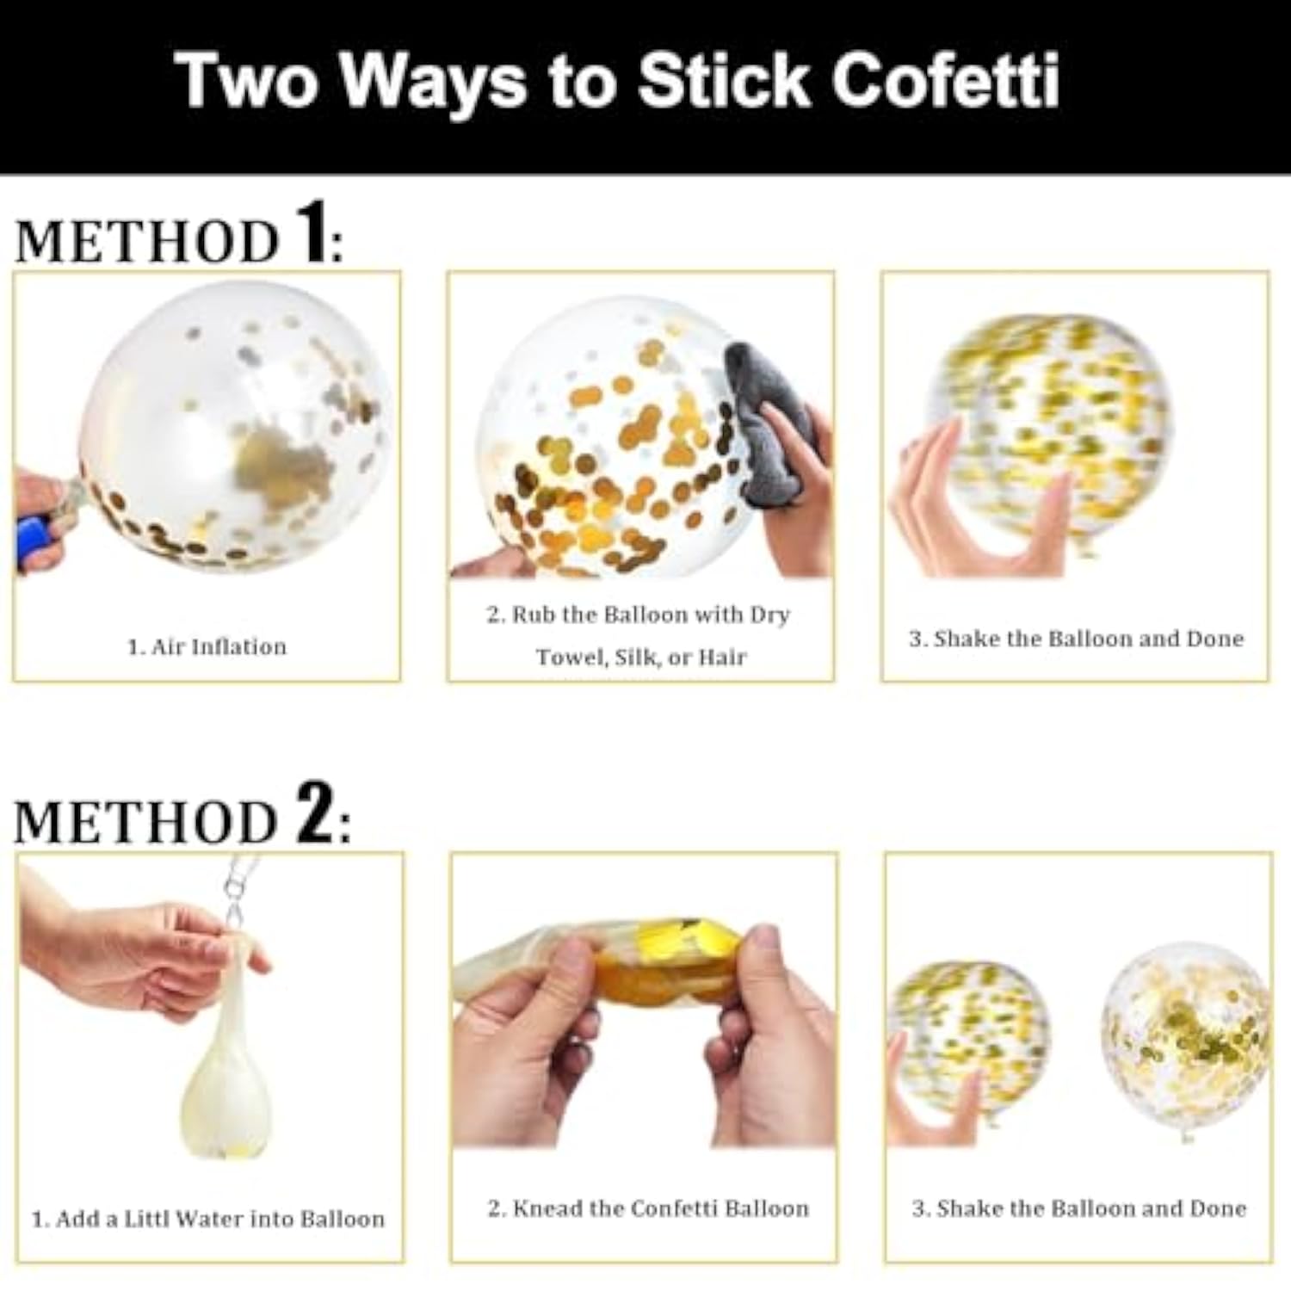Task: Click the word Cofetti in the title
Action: tap(944, 80)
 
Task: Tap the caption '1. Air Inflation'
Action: tap(207, 647)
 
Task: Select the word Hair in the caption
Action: tap(721, 658)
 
